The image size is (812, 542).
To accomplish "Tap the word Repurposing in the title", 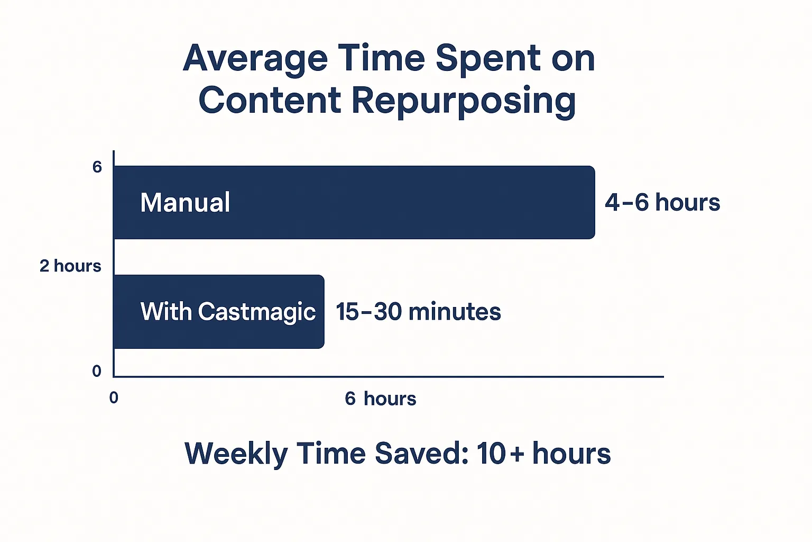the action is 464,102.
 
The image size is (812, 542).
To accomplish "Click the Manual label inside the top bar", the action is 185,202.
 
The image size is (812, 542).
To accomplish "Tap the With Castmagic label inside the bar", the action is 228,312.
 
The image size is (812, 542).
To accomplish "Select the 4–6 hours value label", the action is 662,202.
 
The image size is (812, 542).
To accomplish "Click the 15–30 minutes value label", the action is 418,311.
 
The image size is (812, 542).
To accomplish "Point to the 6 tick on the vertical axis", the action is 97,167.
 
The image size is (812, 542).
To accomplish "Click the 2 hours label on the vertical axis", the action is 70,266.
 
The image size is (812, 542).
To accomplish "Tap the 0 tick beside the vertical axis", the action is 96,371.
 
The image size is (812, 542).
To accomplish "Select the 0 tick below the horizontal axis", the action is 114,398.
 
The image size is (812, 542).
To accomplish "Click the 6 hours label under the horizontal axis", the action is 381,399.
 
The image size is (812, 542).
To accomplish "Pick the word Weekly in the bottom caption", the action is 236,454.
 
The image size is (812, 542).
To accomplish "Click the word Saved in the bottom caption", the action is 422,453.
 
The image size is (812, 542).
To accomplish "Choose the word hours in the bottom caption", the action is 571,453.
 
